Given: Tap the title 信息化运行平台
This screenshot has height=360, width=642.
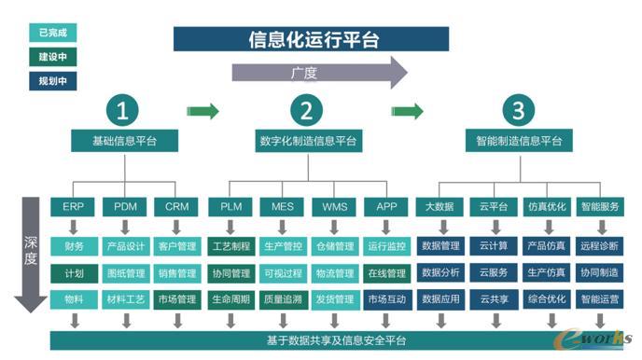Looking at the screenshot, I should (x=312, y=39).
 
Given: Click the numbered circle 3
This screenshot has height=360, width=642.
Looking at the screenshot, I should (x=518, y=111).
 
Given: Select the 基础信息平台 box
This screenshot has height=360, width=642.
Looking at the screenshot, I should (x=123, y=142).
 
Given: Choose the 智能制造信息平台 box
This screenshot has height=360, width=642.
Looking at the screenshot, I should (x=514, y=142).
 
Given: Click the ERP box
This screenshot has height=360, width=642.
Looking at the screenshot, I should (x=73, y=206).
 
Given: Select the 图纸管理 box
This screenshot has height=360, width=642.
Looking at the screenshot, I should (x=125, y=273).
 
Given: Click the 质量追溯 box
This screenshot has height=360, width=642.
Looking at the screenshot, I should (x=282, y=299).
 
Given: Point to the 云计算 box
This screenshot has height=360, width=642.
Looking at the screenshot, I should (x=494, y=246).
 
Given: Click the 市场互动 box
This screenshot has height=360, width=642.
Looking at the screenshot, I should (x=386, y=299).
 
